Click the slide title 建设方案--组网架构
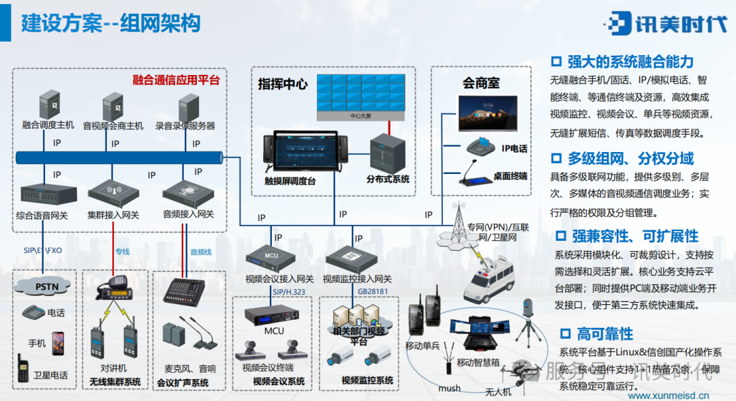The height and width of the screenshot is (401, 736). (111, 25)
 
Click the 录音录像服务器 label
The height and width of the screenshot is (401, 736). (185, 125)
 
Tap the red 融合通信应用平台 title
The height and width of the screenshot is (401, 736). (176, 80)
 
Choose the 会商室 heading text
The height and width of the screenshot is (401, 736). (481, 83)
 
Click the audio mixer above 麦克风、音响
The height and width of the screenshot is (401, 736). (185, 292)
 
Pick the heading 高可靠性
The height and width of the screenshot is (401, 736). (604, 334)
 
